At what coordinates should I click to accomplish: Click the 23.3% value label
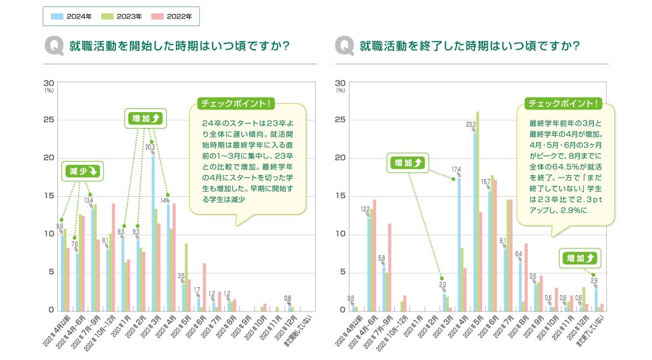click(x=471, y=127)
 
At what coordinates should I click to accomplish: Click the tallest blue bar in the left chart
click(x=153, y=233)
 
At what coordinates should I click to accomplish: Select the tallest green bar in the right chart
click(x=478, y=211)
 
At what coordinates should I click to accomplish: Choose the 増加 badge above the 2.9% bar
click(x=580, y=258)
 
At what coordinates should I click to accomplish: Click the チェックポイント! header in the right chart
click(x=561, y=103)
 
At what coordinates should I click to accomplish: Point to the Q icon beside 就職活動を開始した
click(x=53, y=47)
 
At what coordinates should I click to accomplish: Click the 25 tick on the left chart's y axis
click(x=49, y=120)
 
